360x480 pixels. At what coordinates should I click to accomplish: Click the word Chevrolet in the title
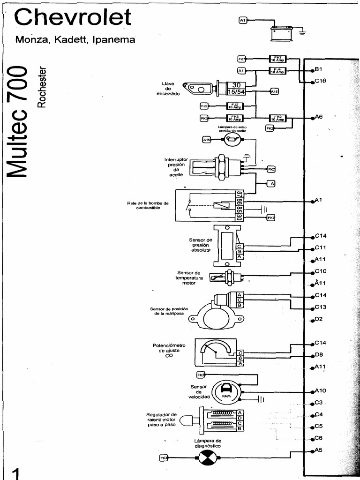click(x=73, y=17)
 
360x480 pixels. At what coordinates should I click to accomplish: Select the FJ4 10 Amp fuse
click(x=277, y=71)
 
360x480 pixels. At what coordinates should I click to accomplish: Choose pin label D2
click(x=319, y=319)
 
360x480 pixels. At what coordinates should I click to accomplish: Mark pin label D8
click(x=319, y=355)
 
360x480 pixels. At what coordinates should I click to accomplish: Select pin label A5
click(x=319, y=450)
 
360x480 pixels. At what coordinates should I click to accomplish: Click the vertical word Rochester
click(x=42, y=86)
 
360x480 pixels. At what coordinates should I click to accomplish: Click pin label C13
click(x=321, y=307)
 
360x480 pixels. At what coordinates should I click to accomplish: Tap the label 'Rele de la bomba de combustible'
click(x=148, y=206)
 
